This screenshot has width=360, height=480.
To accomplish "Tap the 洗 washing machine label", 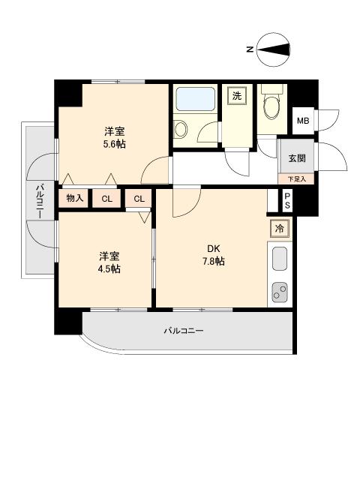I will pyautogui.click(x=237, y=95).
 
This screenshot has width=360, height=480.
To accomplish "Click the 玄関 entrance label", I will pyautogui.click(x=295, y=159).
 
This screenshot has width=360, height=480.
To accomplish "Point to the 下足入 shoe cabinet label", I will pyautogui.click(x=296, y=179).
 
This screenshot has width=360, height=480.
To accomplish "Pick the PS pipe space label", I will pyautogui.click(x=287, y=201).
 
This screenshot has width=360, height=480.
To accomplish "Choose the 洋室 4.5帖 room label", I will pyautogui.click(x=108, y=262).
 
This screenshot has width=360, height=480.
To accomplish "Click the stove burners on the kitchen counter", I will pyautogui.click(x=280, y=291).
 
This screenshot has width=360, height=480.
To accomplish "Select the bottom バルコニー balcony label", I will pyautogui.click(x=184, y=330).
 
